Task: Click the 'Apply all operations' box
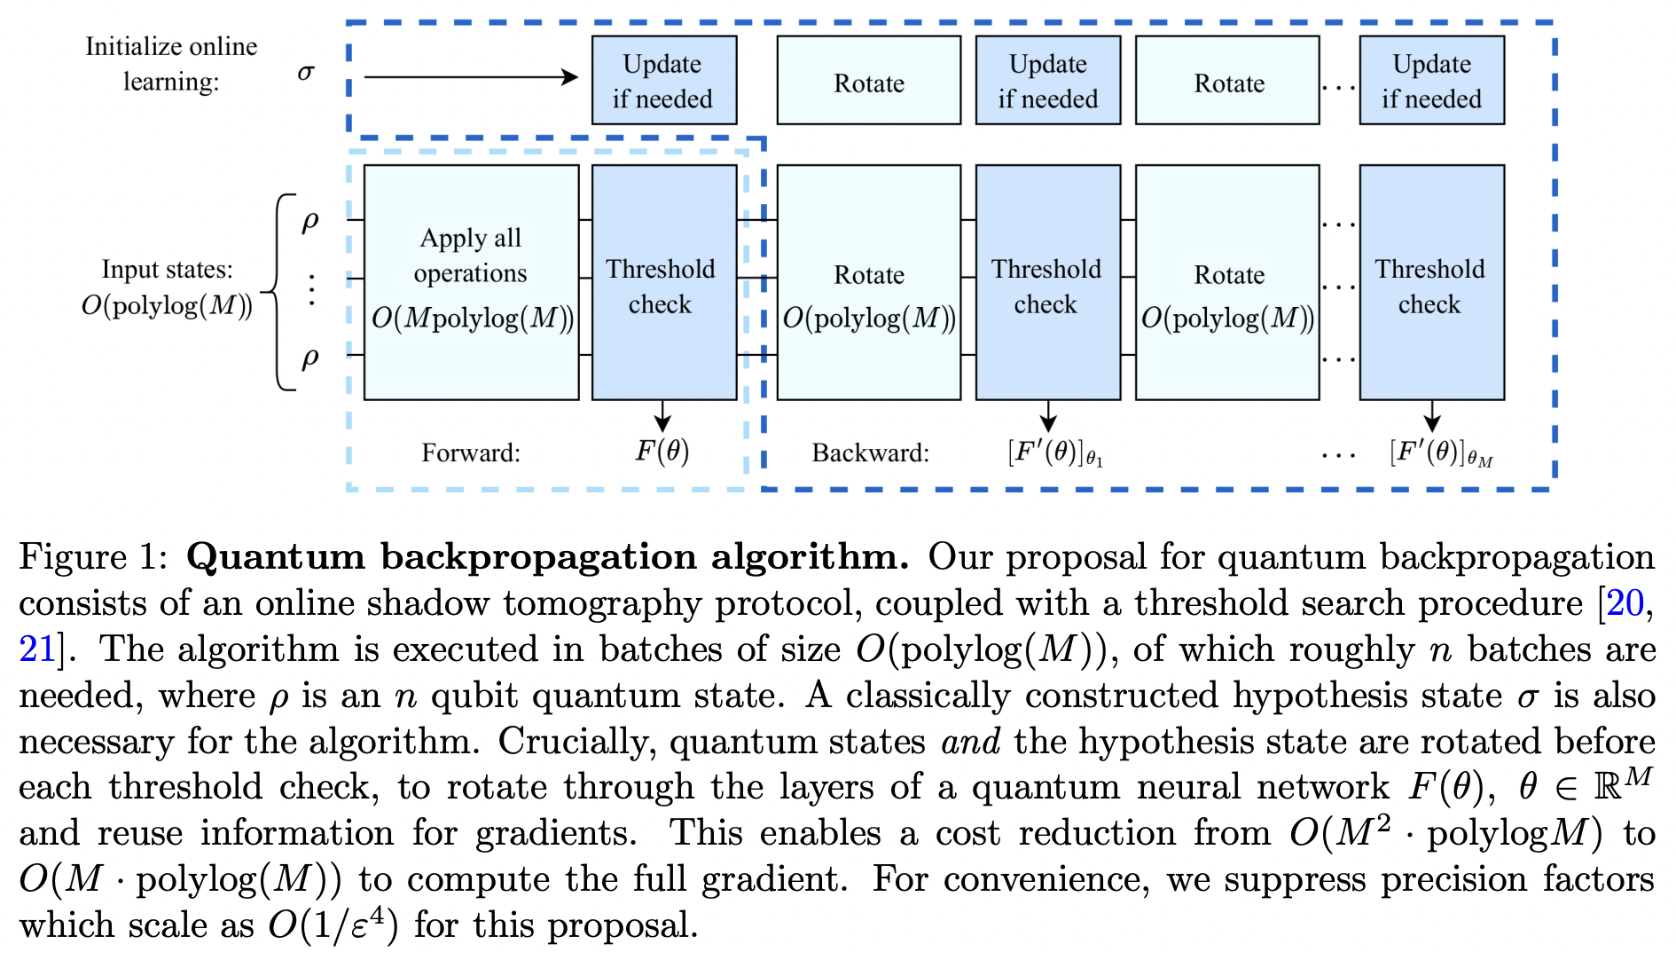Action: point(471,282)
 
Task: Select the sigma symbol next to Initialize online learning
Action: point(306,73)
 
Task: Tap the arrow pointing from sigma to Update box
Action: point(471,77)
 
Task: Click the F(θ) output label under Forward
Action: point(662,452)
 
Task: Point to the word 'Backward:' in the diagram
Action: point(870,453)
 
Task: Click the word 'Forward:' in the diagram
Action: point(471,453)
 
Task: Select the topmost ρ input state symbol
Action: point(309,220)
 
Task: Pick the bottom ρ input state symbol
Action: point(309,358)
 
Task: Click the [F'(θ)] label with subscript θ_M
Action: point(1440,453)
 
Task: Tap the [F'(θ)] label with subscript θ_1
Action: point(1054,453)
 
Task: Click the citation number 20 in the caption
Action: point(1625,603)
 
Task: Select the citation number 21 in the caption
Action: point(37,649)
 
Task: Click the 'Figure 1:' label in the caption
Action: point(93,557)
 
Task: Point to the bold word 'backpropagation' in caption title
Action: point(538,557)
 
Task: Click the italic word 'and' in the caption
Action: point(970,742)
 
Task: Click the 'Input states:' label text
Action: point(167,269)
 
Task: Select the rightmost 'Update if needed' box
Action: point(1431,81)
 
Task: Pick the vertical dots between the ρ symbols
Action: point(311,289)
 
